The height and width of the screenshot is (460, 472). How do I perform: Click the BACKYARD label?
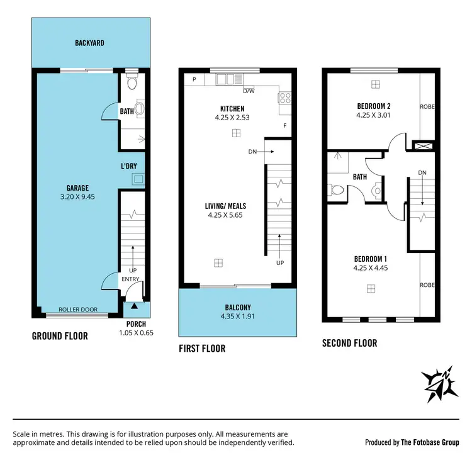[89, 43]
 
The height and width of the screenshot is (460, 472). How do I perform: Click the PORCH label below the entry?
[136, 324]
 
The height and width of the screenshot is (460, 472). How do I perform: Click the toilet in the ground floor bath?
[132, 82]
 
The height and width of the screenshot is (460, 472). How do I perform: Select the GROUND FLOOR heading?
[60, 336]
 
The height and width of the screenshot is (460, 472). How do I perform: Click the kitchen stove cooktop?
[284, 98]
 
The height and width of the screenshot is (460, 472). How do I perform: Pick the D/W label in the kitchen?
[249, 89]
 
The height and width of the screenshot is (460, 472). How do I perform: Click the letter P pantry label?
[194, 80]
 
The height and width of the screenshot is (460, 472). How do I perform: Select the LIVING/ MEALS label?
[225, 206]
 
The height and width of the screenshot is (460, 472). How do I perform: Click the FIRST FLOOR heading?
[202, 348]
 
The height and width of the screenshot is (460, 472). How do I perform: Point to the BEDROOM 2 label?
[374, 106]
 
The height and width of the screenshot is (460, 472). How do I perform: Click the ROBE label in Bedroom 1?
[427, 285]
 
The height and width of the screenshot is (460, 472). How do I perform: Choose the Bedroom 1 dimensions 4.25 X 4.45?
[371, 268]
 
